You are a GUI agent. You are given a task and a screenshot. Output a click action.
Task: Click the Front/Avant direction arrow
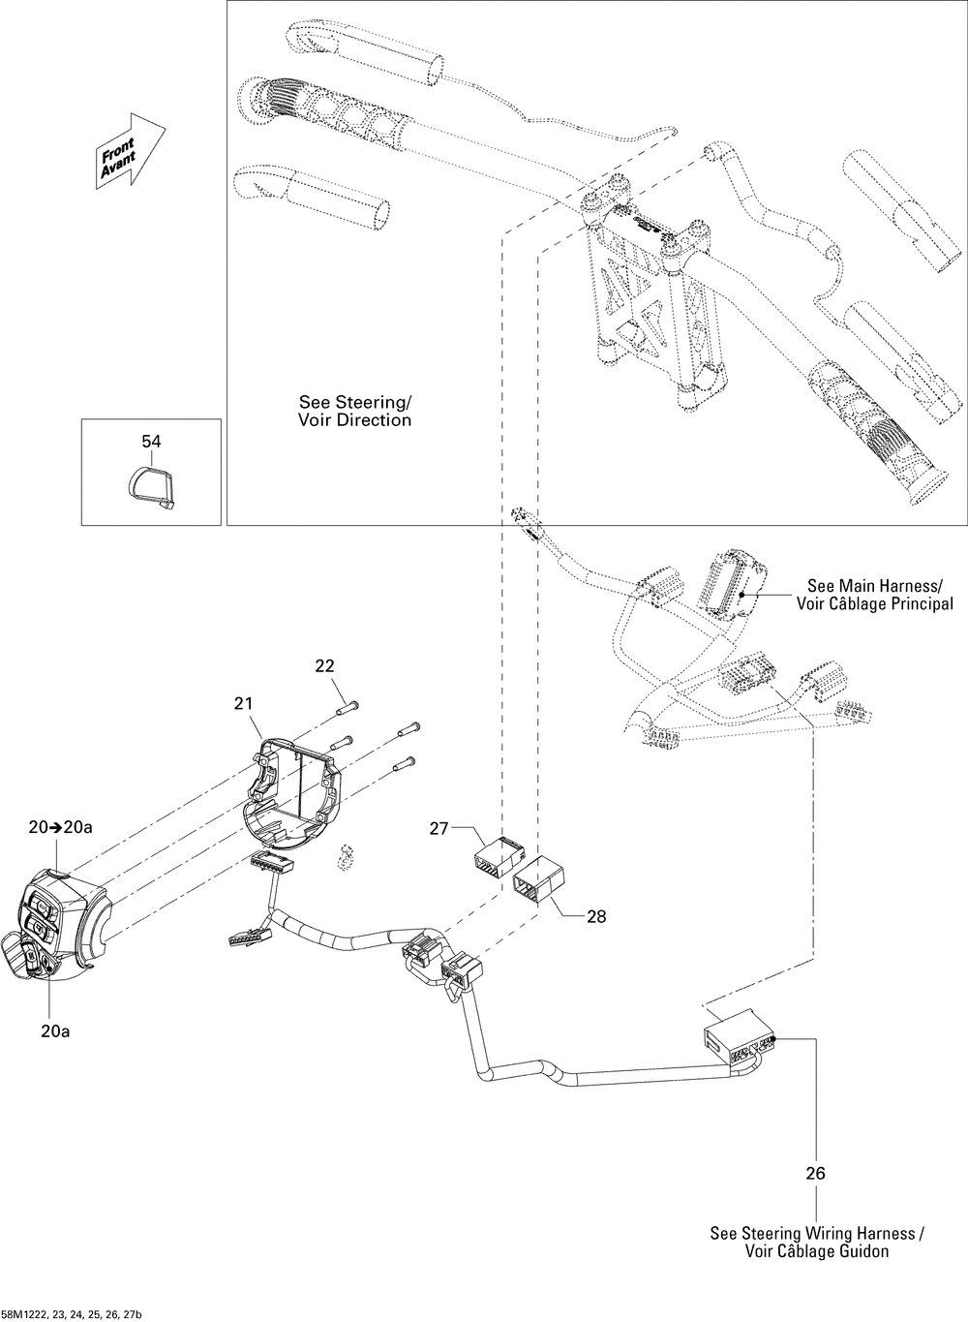pyautogui.click(x=131, y=152)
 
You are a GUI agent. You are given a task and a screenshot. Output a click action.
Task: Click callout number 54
pyautogui.click(x=151, y=441)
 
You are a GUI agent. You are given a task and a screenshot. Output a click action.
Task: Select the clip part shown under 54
pyautogui.click(x=151, y=487)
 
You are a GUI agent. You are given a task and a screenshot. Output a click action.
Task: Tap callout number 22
pyautogui.click(x=324, y=665)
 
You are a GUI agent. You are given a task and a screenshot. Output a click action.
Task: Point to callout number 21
pyautogui.click(x=243, y=703)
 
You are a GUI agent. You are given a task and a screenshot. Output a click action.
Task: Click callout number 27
pyautogui.click(x=439, y=829)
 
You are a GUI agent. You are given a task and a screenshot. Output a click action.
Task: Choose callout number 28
pyautogui.click(x=596, y=916)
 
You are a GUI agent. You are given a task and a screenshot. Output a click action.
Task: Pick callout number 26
pyautogui.click(x=816, y=1173)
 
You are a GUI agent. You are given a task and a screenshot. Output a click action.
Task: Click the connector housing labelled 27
pyautogui.click(x=499, y=861)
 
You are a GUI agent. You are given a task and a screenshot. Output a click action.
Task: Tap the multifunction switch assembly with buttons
pyautogui.click(x=56, y=929)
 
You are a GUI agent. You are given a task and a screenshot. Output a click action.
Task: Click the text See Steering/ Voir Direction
pyautogui.click(x=354, y=411)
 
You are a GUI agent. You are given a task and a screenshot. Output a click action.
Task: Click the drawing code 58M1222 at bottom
pyautogui.click(x=72, y=1314)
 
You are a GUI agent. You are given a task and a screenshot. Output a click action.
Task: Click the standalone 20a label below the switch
pyautogui.click(x=55, y=1031)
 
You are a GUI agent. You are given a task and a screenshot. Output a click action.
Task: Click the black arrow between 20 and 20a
pyautogui.click(x=56, y=827)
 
